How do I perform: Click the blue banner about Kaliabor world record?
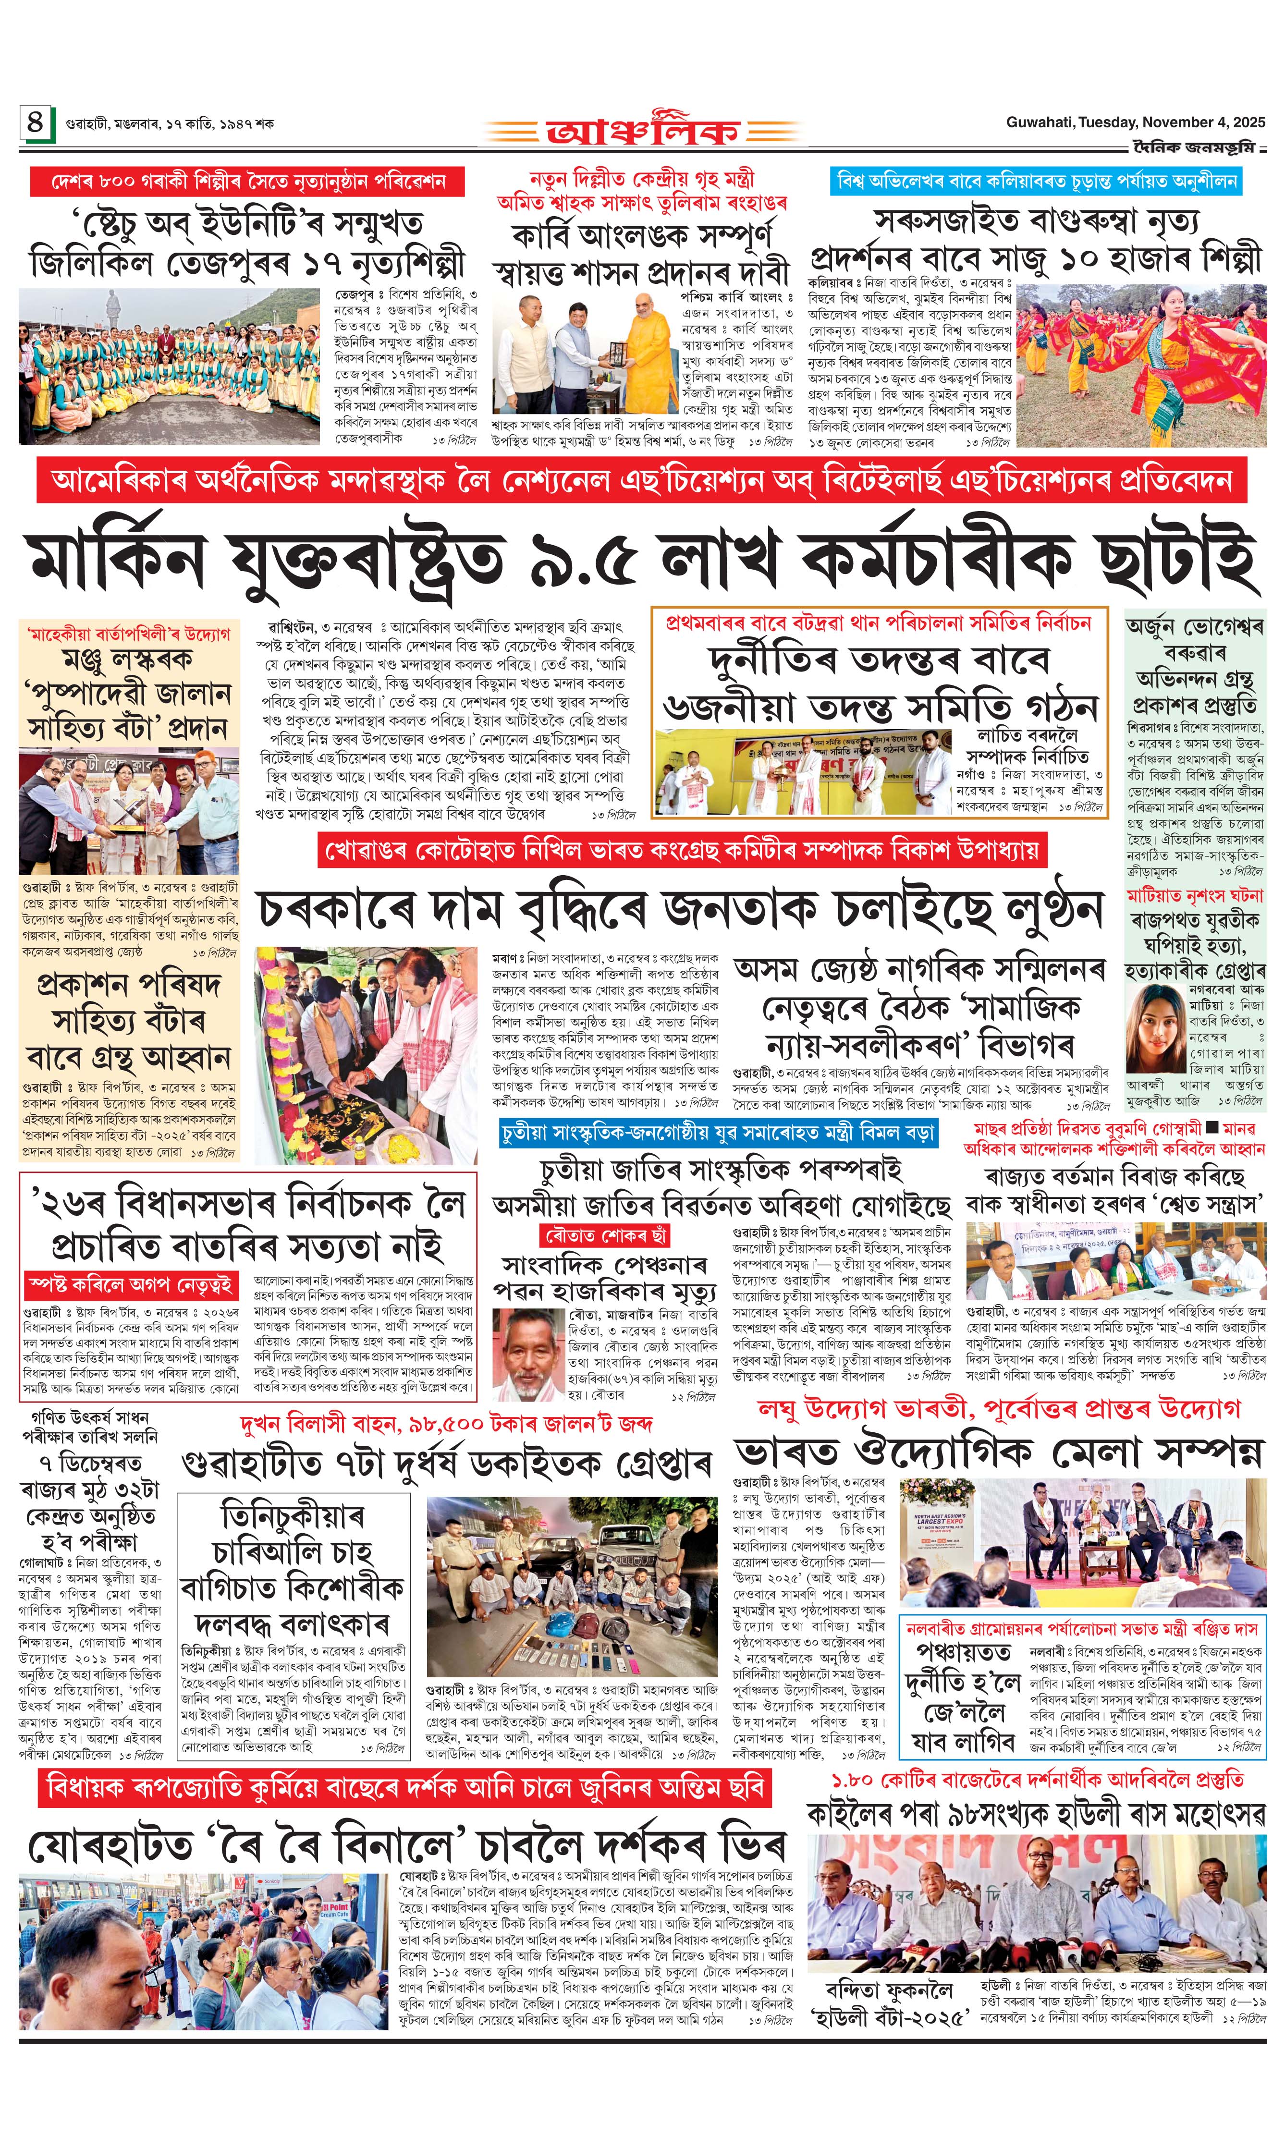[1037, 181]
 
